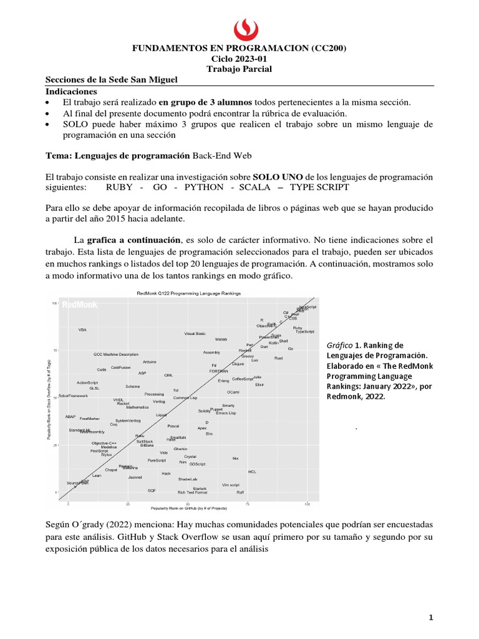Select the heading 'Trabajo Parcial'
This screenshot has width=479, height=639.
click(240, 69)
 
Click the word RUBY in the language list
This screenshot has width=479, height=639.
click(119, 187)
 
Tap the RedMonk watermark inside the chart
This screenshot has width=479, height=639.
click(79, 305)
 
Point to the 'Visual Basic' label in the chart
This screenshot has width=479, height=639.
click(195, 333)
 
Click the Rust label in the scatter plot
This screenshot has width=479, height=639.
click(278, 358)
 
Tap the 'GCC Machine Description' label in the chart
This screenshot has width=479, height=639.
click(116, 354)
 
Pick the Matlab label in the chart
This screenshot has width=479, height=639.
click(221, 339)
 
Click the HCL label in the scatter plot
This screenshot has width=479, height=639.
click(252, 472)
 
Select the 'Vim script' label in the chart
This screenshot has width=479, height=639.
click(231, 485)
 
